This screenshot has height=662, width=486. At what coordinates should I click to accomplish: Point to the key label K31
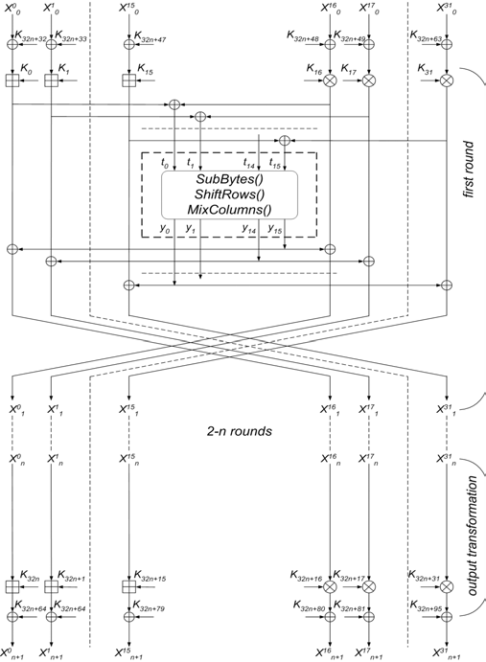pos(428,70)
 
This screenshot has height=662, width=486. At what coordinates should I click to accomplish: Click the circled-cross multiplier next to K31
pos(447,81)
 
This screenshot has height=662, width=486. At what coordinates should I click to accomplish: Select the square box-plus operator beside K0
pos(12,81)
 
